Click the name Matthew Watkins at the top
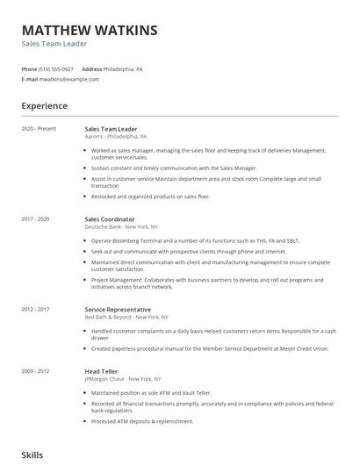90,30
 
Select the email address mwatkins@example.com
69,79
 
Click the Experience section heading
44,106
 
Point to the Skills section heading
32,455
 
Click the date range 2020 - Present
39,129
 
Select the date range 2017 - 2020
36,218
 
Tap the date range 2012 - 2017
36,309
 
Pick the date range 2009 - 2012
36,371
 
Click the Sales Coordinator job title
110,218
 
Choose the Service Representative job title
118,309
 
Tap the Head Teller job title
103,371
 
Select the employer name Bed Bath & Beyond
108,317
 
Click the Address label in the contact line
92,68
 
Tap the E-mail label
30,79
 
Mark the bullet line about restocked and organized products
150,197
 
